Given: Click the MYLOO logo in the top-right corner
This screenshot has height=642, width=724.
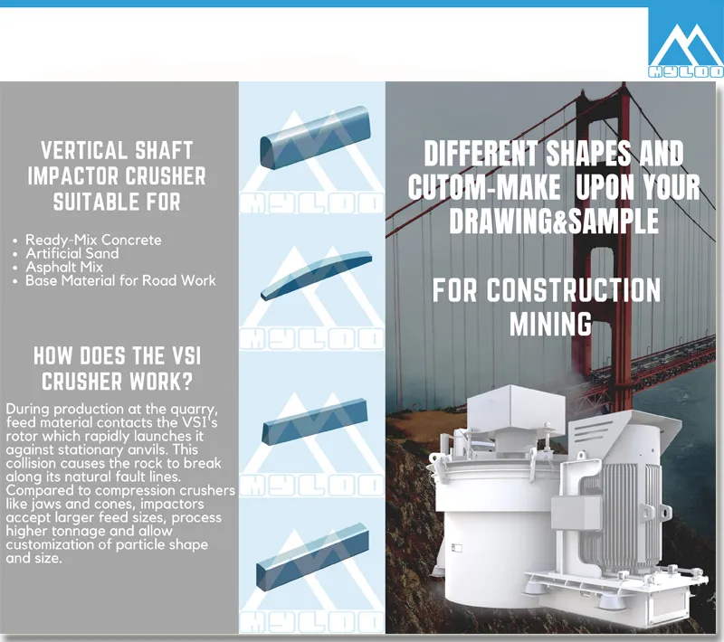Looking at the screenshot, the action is coord(686,45).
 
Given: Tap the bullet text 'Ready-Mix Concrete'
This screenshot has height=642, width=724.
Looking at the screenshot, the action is coord(93,240).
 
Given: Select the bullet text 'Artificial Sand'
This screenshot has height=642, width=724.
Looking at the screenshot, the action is coord(72,253).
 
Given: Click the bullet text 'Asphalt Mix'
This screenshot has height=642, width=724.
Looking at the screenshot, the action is coord(64,267).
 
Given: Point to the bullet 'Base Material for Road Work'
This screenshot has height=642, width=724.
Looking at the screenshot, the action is coord(120,280).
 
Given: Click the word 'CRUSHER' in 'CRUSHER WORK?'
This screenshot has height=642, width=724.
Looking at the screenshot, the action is coord(81,382).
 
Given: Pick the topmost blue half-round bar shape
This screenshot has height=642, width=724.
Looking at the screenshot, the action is coord(315,137).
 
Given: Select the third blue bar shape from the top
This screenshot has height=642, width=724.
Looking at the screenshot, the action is coord(315,422).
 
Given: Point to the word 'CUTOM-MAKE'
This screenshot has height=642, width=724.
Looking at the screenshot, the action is coord(484,187).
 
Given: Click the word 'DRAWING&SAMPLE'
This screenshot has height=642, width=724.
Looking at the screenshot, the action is coord(554,221).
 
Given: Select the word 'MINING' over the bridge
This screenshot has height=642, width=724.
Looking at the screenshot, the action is coord(550,324).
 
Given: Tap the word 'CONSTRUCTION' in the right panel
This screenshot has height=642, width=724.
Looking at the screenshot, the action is coord(574,290).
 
